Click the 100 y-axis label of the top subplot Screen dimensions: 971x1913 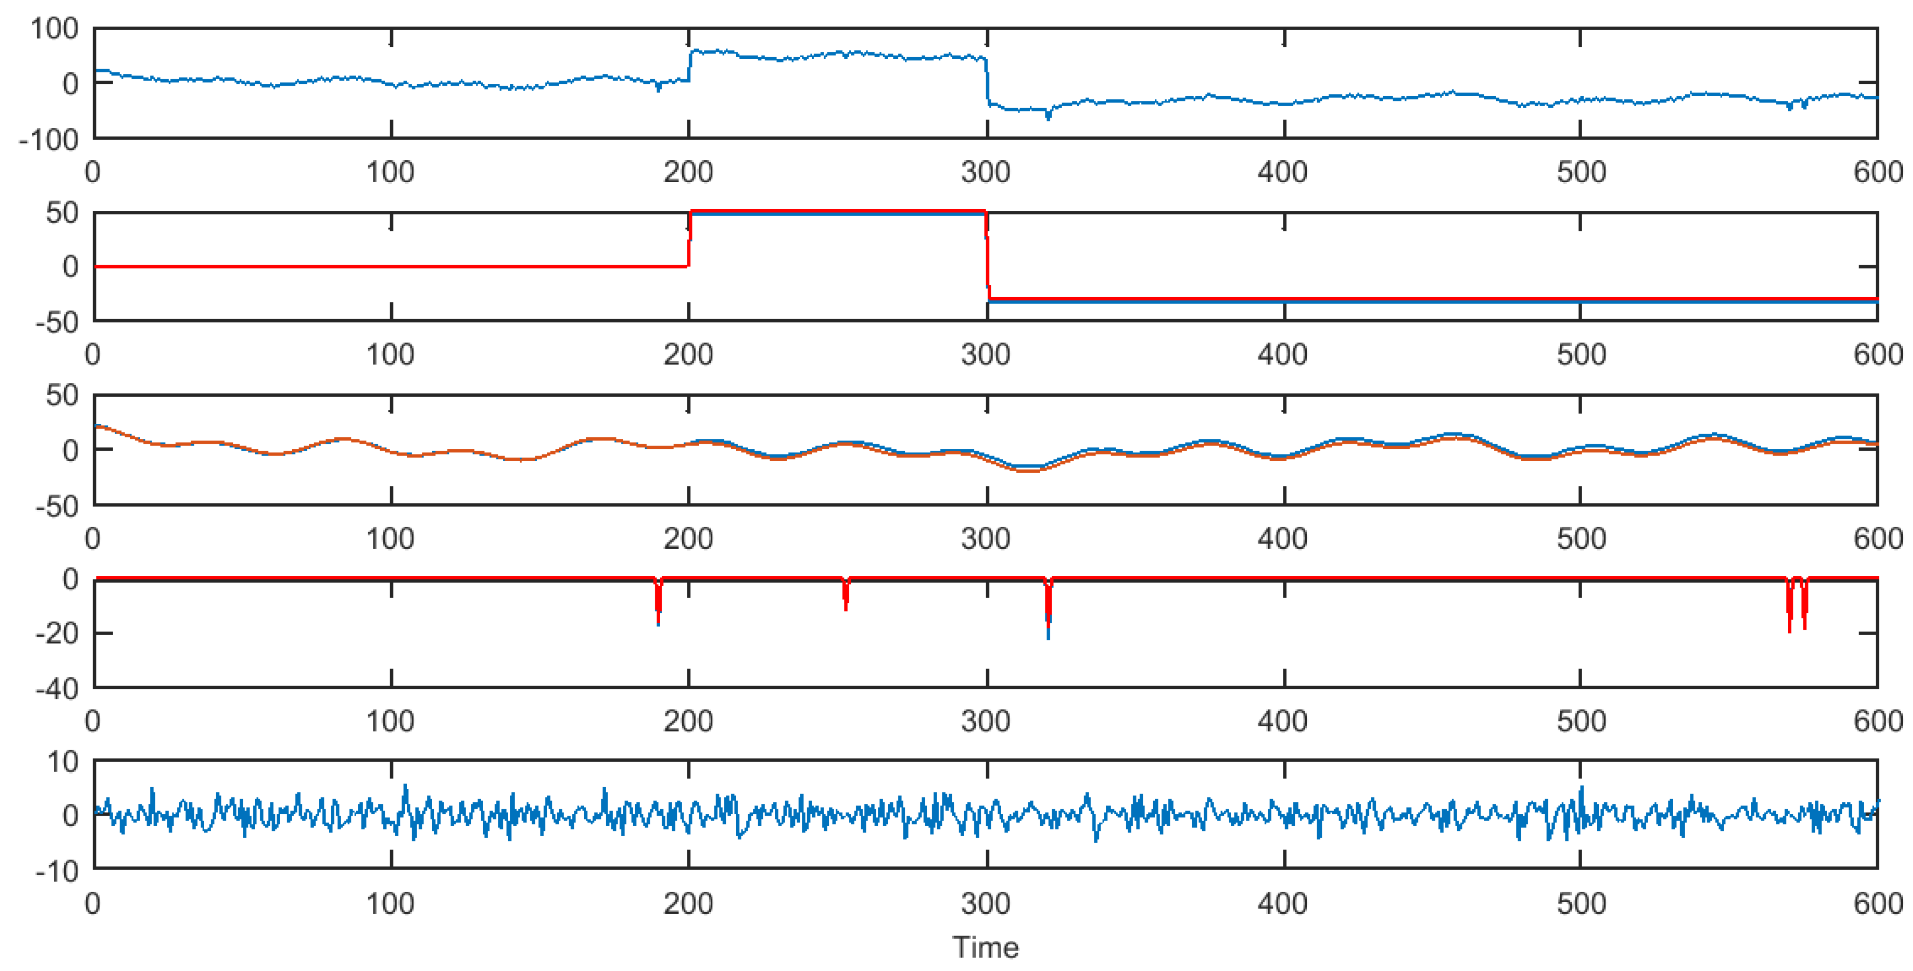53,29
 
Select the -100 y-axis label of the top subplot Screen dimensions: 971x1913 48,140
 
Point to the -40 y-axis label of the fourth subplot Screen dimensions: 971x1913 57,688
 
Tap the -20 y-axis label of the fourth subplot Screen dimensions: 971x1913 57,633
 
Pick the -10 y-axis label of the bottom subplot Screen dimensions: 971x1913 57,871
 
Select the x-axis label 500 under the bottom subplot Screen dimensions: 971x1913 1581,904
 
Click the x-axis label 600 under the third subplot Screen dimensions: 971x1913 1877,539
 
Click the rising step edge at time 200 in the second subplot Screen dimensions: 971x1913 689,239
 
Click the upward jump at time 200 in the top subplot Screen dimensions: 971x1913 689,65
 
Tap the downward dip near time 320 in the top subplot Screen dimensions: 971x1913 1048,114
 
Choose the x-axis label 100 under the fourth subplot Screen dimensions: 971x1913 390,721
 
